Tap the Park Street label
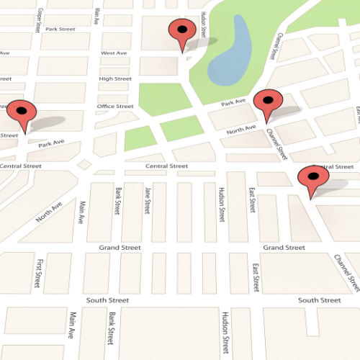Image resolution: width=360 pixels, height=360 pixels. (60, 29)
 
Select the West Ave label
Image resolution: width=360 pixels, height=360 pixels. (114, 53)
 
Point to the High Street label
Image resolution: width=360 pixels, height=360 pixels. (115, 78)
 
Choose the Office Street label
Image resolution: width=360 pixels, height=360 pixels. (115, 106)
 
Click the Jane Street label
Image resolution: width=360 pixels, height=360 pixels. (147, 201)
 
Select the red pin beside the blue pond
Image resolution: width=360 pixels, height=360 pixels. (181, 33)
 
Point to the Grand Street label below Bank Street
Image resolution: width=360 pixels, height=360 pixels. (120, 247)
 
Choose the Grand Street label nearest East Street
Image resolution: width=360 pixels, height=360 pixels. (284, 247)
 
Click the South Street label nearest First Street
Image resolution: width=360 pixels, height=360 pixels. (107, 300)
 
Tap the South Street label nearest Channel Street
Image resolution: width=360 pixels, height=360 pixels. (319, 300)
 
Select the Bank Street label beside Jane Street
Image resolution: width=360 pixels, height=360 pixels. (118, 201)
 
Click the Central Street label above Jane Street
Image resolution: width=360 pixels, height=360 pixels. (166, 166)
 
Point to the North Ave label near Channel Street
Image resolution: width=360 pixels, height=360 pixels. (240, 130)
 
